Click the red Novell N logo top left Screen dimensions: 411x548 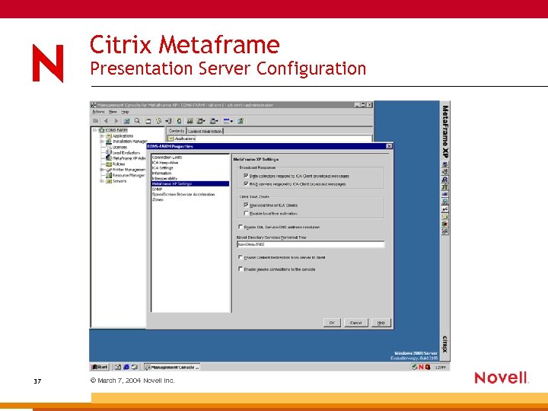click(x=47, y=62)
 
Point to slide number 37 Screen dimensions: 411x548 click(x=37, y=381)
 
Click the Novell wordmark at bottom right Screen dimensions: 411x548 click(x=501, y=378)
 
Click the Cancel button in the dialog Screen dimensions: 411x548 click(x=355, y=323)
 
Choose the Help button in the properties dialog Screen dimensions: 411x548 click(x=381, y=323)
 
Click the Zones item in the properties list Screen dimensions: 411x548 click(x=158, y=199)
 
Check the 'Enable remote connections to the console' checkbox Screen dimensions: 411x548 click(x=241, y=269)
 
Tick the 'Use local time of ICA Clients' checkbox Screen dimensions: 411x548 click(x=245, y=205)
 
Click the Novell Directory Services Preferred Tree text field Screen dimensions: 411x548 click(x=311, y=244)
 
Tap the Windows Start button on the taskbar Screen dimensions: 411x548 click(x=100, y=367)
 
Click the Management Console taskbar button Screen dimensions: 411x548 click(x=173, y=367)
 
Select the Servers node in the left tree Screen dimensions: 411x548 click(x=119, y=181)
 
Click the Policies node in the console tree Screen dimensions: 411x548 click(x=118, y=164)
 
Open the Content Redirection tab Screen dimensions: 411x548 click(x=205, y=131)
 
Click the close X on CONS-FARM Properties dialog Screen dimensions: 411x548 click(x=389, y=146)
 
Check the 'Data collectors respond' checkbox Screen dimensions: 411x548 click(x=245, y=175)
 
